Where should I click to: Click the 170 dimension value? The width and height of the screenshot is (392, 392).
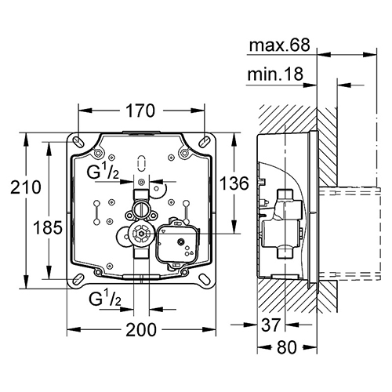tap(140, 111)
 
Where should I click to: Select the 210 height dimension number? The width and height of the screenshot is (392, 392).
tap(26, 187)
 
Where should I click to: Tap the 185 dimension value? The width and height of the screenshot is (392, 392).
tap(48, 227)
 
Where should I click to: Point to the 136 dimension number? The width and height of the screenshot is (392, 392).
tap(234, 183)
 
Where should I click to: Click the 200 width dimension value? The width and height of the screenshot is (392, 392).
tap(141, 330)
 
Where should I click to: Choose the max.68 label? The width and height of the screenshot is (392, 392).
tap(279, 45)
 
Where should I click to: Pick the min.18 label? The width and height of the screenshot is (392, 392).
tap(275, 74)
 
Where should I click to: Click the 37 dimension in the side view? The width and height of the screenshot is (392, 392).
tap(271, 325)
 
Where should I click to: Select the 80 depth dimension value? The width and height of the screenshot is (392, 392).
tap(287, 348)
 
